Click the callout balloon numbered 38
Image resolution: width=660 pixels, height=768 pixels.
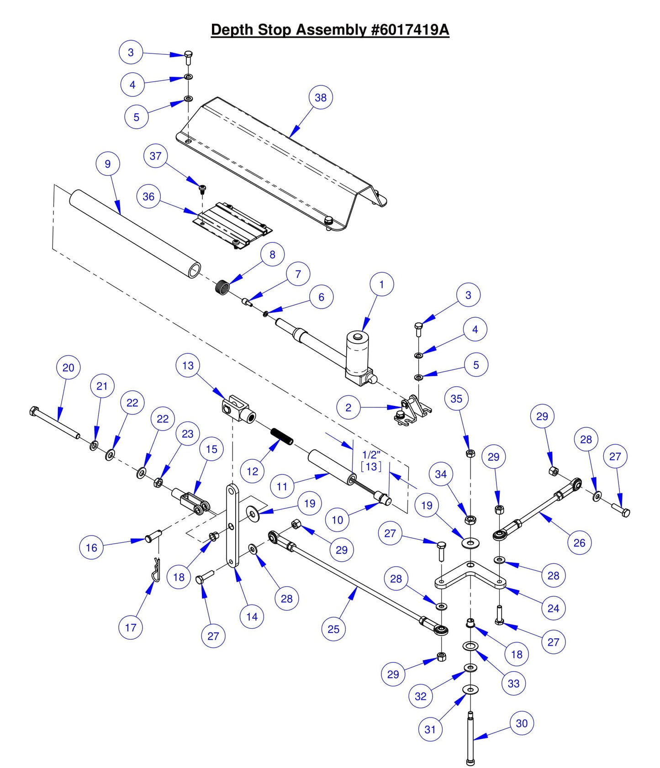[321, 97]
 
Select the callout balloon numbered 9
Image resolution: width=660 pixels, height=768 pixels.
[108, 163]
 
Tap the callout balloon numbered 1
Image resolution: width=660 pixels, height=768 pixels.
[382, 284]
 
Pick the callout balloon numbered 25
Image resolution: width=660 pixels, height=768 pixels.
[333, 629]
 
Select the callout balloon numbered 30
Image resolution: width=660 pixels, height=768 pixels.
[522, 723]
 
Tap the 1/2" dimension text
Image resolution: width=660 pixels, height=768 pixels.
[371, 455]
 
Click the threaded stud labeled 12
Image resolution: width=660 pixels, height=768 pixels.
[281, 435]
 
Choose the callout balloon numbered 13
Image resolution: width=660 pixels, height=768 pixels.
[188, 365]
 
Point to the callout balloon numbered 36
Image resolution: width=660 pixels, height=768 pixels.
[148, 196]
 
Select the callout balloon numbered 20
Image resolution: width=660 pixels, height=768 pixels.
[68, 368]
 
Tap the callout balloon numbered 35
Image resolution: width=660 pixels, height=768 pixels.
[456, 399]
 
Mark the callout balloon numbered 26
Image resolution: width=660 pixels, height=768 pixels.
[579, 542]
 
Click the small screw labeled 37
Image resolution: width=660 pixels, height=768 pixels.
[202, 187]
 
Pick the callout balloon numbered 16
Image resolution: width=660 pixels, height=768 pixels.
[91, 547]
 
